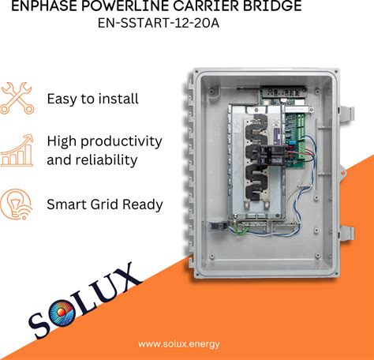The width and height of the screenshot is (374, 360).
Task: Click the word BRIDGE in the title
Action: click(x=272, y=6)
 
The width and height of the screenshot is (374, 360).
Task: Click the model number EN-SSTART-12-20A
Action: click(x=159, y=23)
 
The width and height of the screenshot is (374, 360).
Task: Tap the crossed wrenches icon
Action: click(x=17, y=98)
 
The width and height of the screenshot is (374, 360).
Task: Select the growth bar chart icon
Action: click(x=17, y=151)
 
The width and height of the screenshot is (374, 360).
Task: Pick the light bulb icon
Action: click(x=17, y=204)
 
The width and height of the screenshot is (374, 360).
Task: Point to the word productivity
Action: click(x=122, y=142)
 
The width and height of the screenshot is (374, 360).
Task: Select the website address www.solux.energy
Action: click(x=179, y=344)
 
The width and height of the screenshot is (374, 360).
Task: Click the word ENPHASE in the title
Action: click(x=44, y=6)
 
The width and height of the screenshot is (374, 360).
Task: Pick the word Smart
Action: click(x=66, y=204)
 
